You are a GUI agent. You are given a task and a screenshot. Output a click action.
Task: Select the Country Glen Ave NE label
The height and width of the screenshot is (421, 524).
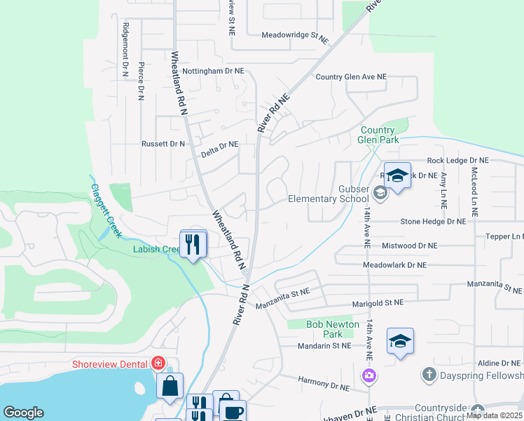(x=351, y=77)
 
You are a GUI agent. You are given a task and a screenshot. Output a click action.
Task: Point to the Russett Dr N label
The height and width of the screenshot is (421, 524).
(x=163, y=144)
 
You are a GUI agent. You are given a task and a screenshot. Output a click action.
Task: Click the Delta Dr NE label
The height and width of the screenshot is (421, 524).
(x=219, y=145)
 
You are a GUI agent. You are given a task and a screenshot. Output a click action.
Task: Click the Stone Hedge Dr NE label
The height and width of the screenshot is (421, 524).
(x=432, y=222)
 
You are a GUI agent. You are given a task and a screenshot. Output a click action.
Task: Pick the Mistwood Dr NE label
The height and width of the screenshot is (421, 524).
(x=409, y=246)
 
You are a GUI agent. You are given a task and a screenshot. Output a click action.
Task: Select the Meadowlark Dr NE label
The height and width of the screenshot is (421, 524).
(x=394, y=265)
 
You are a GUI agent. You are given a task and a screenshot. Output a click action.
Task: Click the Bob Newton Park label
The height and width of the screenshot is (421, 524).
(x=333, y=329)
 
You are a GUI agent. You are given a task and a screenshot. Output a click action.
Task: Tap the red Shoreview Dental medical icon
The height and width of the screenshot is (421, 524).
(x=158, y=363)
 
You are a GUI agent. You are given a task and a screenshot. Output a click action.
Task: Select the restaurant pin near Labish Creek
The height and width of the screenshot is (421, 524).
(x=193, y=244)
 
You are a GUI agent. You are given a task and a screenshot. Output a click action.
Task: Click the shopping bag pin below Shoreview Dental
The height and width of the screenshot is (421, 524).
(x=170, y=386)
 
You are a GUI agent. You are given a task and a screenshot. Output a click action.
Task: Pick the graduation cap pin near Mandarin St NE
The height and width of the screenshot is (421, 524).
(x=400, y=341)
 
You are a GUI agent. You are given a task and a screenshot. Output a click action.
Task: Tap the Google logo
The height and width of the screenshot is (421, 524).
(x=23, y=413)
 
